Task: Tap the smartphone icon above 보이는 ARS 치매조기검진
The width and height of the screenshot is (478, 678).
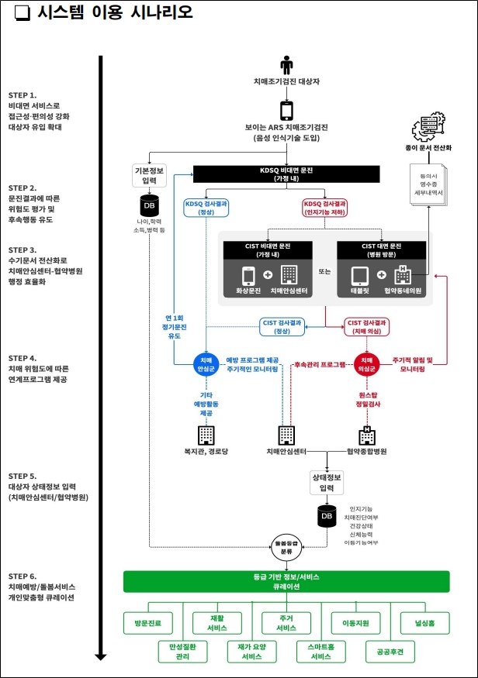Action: point(286,110)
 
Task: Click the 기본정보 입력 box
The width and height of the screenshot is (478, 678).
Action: point(148,174)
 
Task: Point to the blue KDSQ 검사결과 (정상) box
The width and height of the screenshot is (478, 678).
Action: point(205,208)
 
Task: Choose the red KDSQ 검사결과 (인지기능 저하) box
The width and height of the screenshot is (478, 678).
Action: point(325,208)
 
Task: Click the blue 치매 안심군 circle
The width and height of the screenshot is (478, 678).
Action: point(206,364)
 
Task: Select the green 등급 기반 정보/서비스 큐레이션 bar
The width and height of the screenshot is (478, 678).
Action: point(286,582)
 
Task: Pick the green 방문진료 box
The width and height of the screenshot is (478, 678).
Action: point(148,622)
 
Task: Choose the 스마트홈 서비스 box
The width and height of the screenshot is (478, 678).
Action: point(320,652)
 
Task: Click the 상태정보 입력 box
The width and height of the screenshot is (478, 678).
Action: point(327,483)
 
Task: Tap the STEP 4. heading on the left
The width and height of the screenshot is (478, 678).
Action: point(23,358)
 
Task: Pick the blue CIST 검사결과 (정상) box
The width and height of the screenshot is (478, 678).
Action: point(282,326)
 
